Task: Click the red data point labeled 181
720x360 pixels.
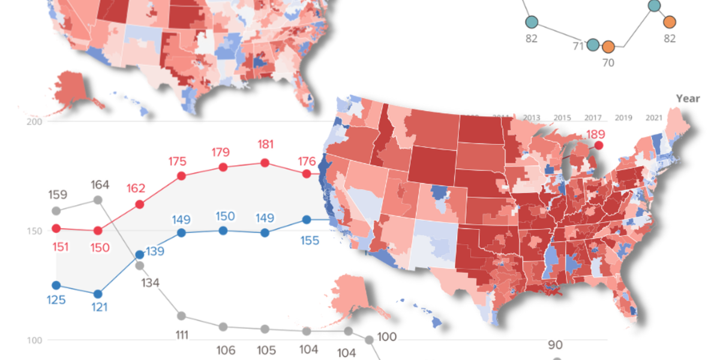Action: point(265,163)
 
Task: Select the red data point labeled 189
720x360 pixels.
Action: point(598,145)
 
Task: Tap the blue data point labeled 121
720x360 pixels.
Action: point(98,294)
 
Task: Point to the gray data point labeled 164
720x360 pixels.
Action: point(98,200)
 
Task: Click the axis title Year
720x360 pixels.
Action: point(688,98)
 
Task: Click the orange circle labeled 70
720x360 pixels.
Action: point(608,47)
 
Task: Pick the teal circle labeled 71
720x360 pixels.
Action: point(593,45)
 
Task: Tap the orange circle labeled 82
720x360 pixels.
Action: point(670,22)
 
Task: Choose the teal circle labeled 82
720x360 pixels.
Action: point(532,23)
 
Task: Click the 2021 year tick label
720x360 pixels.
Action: point(655,118)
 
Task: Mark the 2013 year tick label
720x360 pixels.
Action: point(532,118)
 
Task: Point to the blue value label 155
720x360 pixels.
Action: point(310,240)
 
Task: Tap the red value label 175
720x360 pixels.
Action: point(178,161)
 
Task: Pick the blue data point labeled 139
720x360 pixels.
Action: point(139,255)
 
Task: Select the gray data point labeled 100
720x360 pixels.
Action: point(370,340)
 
